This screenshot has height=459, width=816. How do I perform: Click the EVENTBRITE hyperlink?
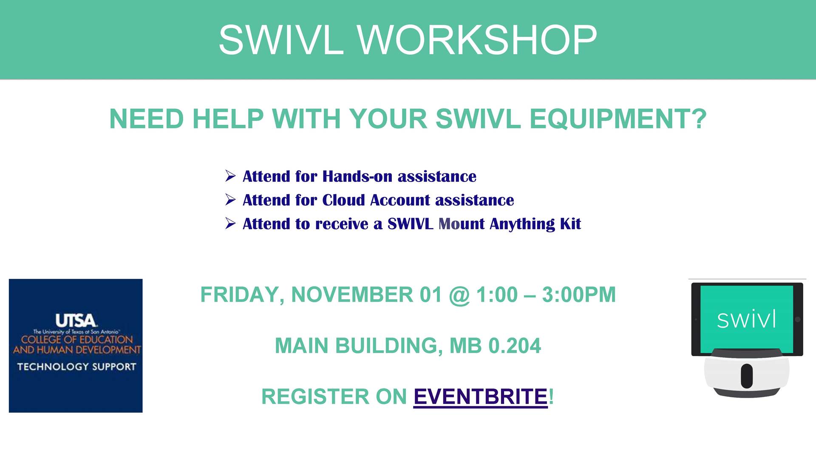[481, 397]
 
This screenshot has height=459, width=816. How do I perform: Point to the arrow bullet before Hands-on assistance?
[230, 176]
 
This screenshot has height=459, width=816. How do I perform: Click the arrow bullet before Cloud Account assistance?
[230, 200]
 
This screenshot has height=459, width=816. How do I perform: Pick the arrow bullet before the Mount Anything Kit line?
[230, 224]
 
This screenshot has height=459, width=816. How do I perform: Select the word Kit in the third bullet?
[570, 224]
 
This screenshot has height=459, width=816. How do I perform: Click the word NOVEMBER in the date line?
[352, 295]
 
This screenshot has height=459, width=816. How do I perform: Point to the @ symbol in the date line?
[459, 295]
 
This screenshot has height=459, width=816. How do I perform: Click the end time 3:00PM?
[579, 295]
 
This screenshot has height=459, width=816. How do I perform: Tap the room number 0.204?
[515, 346]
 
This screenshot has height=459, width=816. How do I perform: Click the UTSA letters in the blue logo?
[76, 320]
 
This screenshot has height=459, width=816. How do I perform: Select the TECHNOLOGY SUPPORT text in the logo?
[76, 366]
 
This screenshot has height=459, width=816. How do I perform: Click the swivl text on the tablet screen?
[747, 319]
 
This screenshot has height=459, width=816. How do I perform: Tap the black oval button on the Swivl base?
[747, 376]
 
